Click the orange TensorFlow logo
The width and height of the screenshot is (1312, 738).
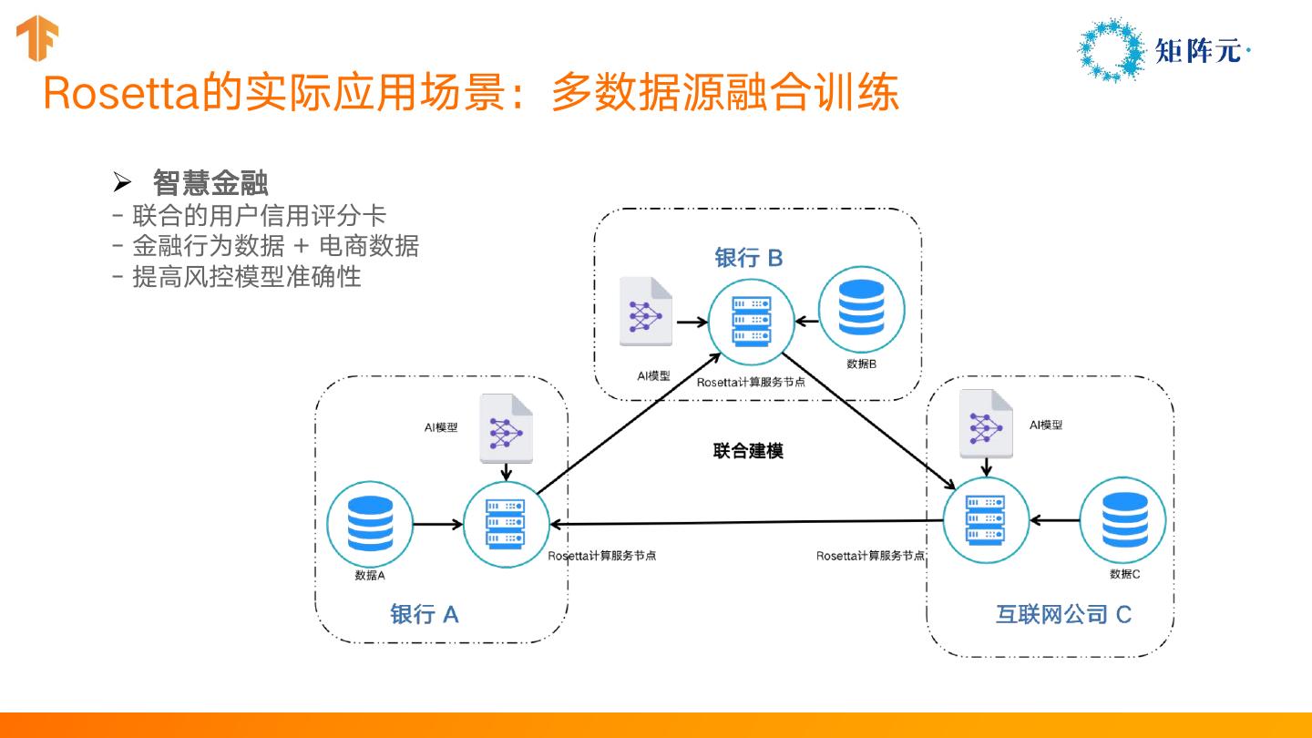click(36, 38)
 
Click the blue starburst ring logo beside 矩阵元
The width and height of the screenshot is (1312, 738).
click(1111, 50)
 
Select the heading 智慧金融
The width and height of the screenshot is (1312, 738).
click(210, 183)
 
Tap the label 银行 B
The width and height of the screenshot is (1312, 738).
click(749, 258)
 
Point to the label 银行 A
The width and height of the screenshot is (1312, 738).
click(424, 614)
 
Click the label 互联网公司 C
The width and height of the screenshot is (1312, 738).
click(1063, 614)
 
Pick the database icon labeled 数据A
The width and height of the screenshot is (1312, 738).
click(370, 524)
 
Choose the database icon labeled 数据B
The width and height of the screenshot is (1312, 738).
click(861, 309)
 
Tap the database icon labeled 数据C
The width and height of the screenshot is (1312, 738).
click(1122, 520)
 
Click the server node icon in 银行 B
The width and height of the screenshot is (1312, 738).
click(752, 321)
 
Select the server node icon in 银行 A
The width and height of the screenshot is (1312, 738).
click(507, 524)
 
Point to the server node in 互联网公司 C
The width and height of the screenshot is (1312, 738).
click(987, 520)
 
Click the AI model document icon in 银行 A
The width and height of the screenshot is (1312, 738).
click(506, 428)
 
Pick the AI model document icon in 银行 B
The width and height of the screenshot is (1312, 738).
click(646, 312)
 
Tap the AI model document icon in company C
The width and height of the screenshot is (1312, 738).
click(987, 424)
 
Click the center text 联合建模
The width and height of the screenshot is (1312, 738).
click(748, 451)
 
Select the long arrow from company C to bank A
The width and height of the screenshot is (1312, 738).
click(747, 522)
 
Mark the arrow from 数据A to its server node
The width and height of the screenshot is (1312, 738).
click(438, 524)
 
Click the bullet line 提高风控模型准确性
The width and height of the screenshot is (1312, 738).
click(247, 276)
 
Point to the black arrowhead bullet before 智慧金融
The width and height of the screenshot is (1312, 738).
click(122, 183)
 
